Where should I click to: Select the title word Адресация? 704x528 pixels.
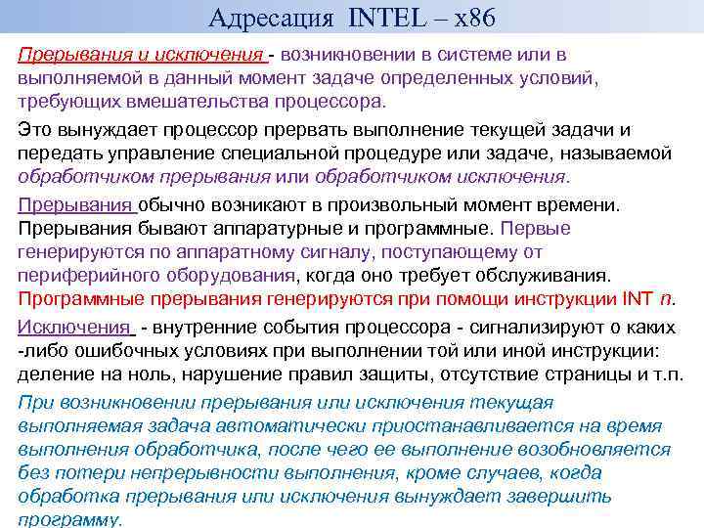(x=272, y=17)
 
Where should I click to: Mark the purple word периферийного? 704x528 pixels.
(x=88, y=275)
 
